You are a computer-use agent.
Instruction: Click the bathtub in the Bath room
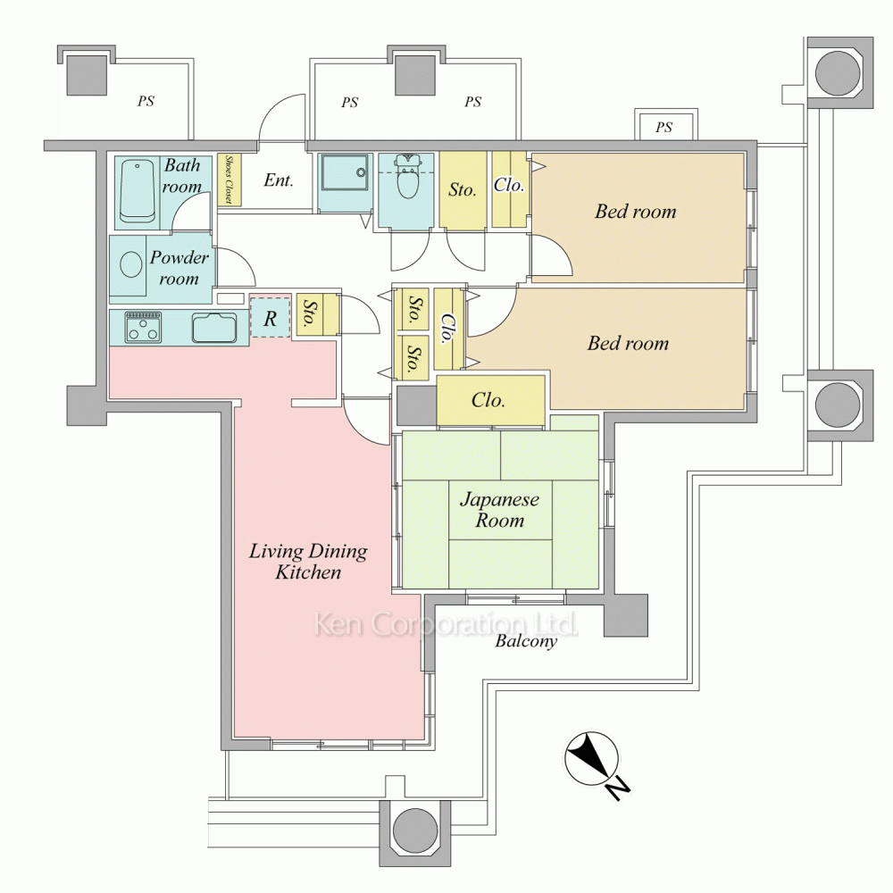pyautogui.click(x=138, y=191)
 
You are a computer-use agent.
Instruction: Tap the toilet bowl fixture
pyautogui.click(x=407, y=177)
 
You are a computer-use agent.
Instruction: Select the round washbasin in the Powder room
pyautogui.click(x=131, y=264)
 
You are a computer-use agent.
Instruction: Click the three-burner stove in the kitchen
pyautogui.click(x=143, y=327)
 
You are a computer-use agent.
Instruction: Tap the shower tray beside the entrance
pyautogui.click(x=344, y=172)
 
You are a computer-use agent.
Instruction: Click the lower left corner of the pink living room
pyautogui.click(x=234, y=739)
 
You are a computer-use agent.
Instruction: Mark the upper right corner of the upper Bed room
pyautogui.click(x=745, y=154)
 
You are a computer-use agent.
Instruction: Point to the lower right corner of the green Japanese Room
pyautogui.click(x=598, y=588)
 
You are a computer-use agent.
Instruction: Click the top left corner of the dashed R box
pyautogui.click(x=251, y=297)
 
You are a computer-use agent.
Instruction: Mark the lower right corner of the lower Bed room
pyautogui.click(x=745, y=409)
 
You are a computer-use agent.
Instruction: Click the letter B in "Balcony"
pyautogui.click(x=501, y=640)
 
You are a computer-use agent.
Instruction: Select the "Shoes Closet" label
pyautogui.click(x=229, y=179)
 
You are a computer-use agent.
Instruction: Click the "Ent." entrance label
pyautogui.click(x=279, y=180)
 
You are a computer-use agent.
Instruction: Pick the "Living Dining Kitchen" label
pyautogui.click(x=308, y=562)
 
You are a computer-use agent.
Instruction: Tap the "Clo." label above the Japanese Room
pyautogui.click(x=488, y=400)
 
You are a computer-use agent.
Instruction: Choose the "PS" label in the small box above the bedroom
pyautogui.click(x=664, y=127)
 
